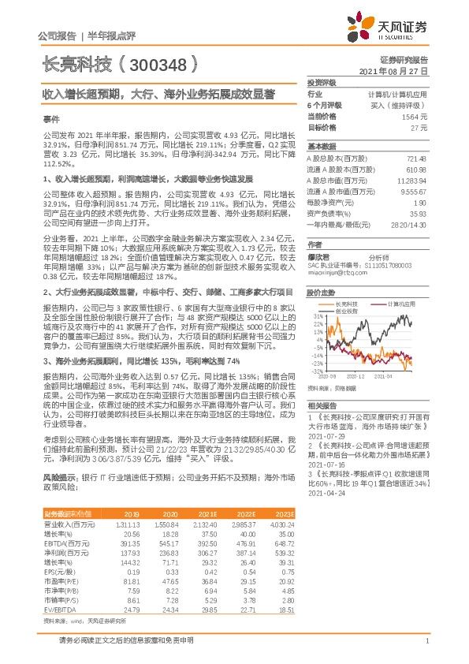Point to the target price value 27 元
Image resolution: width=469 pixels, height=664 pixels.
tap(420, 126)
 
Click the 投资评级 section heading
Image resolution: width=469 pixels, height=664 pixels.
tap(322, 82)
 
